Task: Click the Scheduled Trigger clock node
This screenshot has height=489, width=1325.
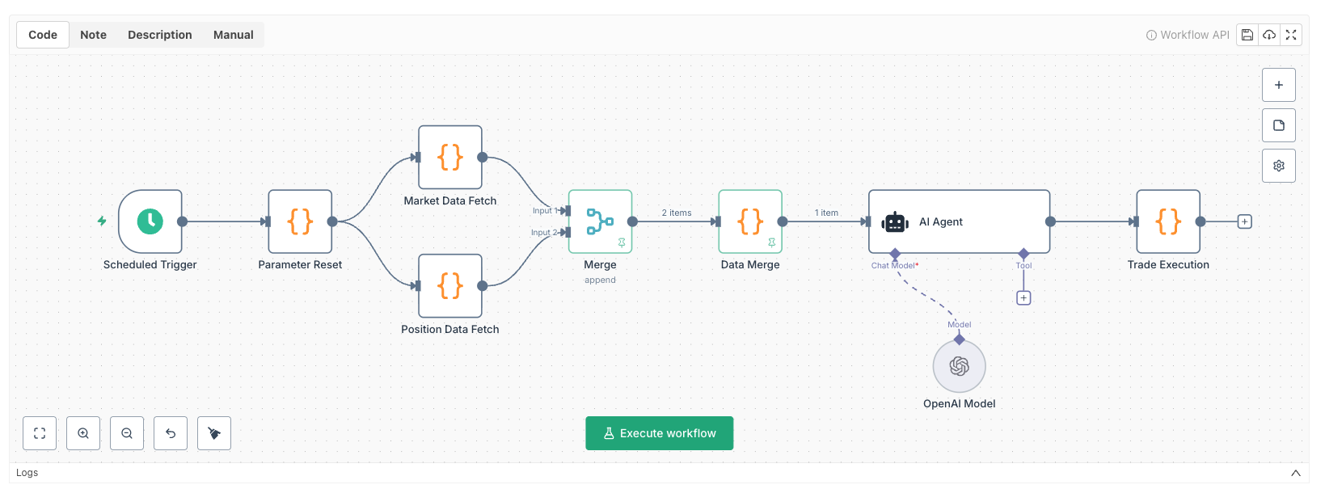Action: point(150,221)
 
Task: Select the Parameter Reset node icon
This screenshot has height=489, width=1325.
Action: point(300,221)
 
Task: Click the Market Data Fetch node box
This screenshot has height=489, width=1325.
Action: point(450,158)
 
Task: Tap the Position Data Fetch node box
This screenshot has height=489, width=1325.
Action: point(450,286)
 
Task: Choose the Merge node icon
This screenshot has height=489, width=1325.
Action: point(600,221)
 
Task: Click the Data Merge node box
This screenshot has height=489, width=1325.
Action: point(750,221)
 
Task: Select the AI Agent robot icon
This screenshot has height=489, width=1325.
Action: point(895,222)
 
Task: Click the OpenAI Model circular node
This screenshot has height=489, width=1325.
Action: point(960,366)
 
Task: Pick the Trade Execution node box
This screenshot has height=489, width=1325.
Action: point(1168,221)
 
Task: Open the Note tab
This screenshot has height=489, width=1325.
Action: point(94,35)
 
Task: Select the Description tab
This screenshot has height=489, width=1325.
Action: point(160,35)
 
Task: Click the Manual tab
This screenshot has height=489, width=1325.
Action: point(234,35)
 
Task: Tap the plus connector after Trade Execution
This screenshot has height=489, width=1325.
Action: point(1245,221)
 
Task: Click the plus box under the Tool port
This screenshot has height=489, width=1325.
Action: point(1023,298)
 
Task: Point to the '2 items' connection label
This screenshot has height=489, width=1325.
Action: point(677,213)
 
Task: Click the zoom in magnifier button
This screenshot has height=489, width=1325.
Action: point(83,433)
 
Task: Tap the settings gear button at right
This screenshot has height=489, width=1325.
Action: point(1279,166)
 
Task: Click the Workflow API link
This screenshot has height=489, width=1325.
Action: point(1188,35)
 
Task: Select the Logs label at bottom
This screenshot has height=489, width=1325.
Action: point(27,473)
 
